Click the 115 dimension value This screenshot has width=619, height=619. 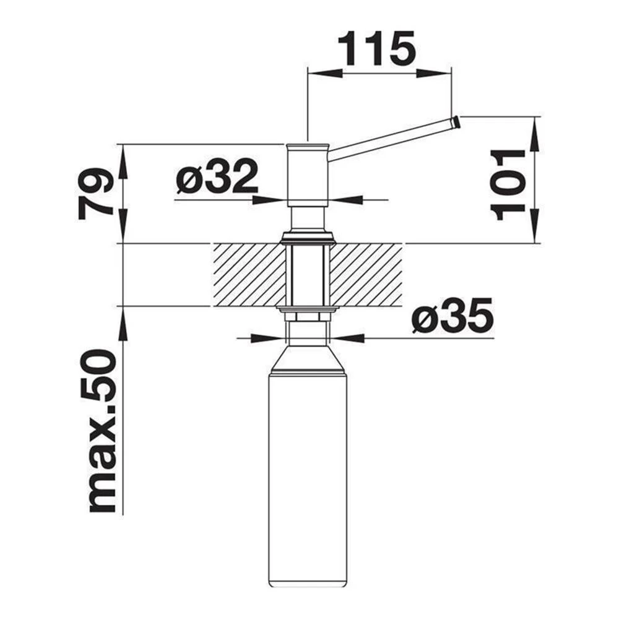[x=378, y=48]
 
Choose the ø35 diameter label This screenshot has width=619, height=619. [x=452, y=315]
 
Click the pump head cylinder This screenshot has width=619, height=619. [x=308, y=175]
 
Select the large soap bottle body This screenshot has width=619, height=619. [x=308, y=478]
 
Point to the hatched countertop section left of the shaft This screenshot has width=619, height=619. [x=249, y=275]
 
